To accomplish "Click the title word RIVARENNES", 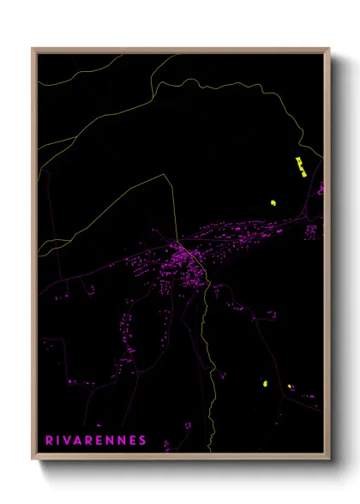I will point(96,441).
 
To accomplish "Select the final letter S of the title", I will point(142,441).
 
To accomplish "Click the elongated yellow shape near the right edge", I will point(300,165).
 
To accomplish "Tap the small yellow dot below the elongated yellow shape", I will point(273,203).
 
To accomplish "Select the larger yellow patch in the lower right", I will point(266,383).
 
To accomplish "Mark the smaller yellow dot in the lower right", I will point(290,387).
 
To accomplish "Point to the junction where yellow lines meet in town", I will point(177,239).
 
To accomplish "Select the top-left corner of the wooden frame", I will point(33,50).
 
